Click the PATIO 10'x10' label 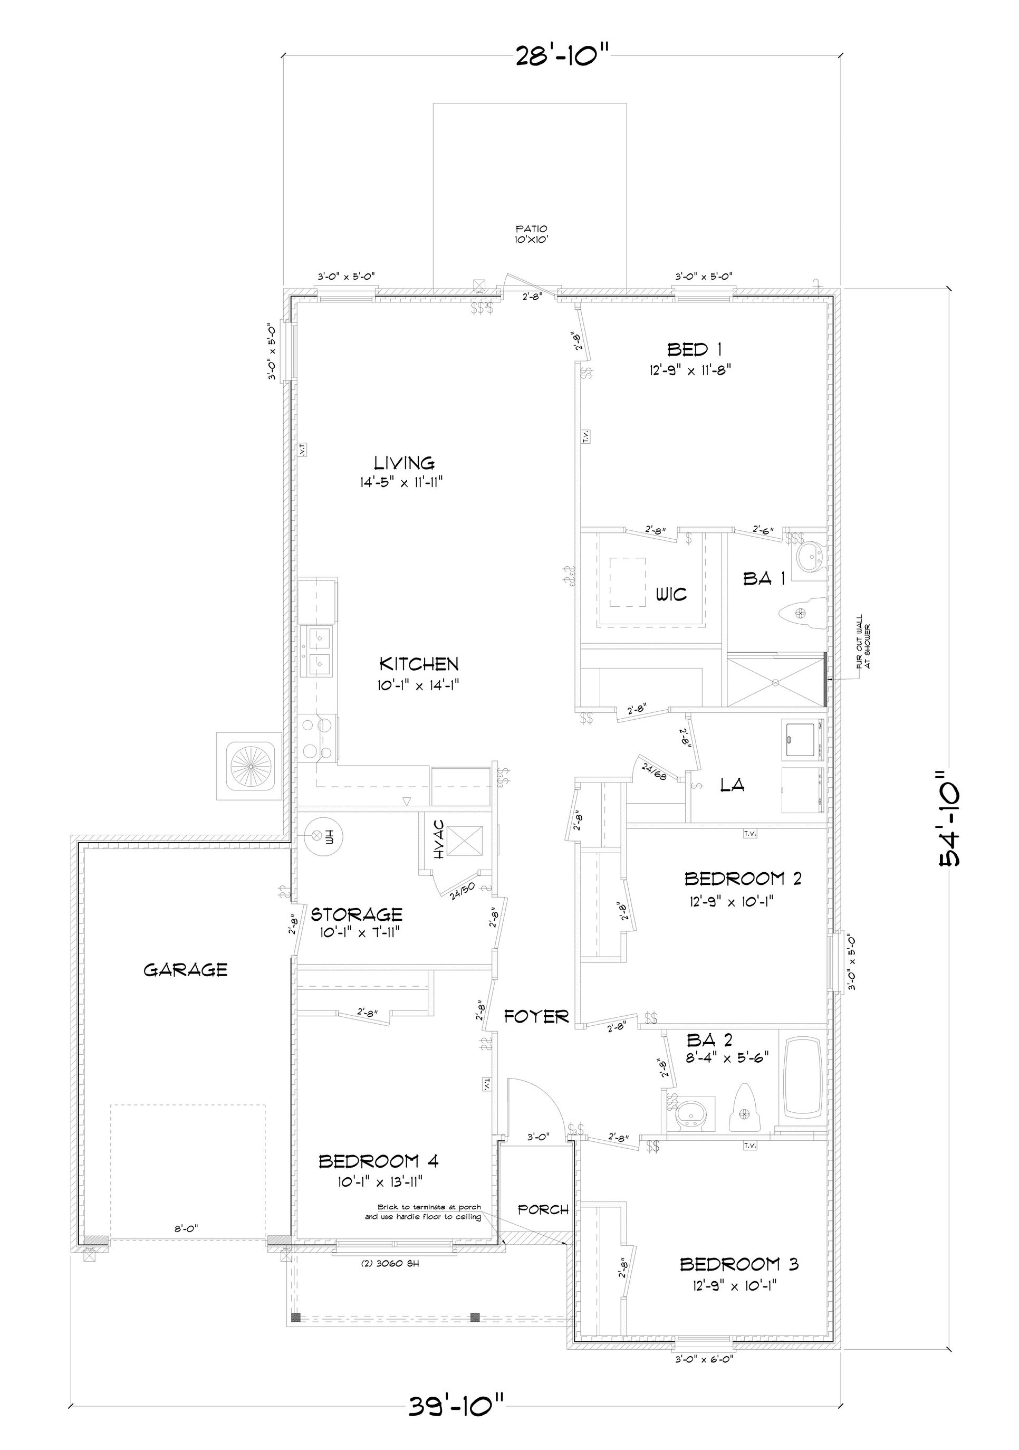[531, 234]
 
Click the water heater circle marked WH [323, 837]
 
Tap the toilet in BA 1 [801, 612]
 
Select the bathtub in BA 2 [802, 1077]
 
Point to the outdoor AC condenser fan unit [249, 766]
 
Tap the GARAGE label [185, 969]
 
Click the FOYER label [536, 1016]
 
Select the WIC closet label [670, 594]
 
